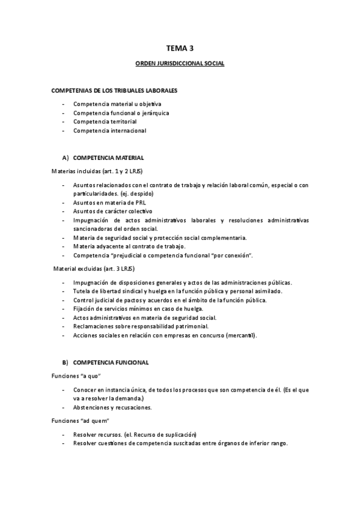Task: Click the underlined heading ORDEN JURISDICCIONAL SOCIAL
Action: coord(180,63)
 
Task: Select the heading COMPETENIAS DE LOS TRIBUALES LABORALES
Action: coord(114,91)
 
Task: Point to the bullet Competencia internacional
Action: coord(109,131)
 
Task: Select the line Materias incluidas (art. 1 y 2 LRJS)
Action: coord(97,171)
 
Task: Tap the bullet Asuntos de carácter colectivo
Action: coord(112,211)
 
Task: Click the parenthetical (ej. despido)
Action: coord(136,194)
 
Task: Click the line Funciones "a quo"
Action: coord(75,376)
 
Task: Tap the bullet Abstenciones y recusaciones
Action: coord(112,407)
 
